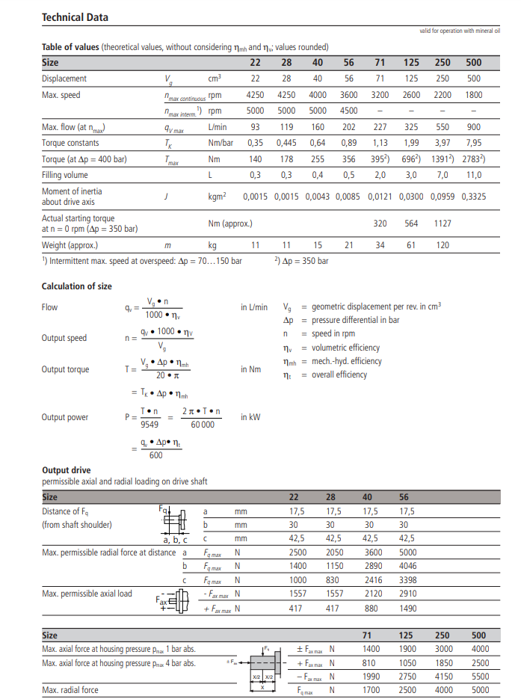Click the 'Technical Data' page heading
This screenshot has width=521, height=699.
pyautogui.click(x=75, y=17)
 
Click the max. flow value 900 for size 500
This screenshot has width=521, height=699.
pyautogui.click(x=474, y=127)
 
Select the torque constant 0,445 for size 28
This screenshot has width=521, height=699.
pyautogui.click(x=286, y=143)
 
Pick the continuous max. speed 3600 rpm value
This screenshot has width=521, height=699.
pyautogui.click(x=349, y=95)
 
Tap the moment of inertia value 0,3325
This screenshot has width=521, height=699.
pyautogui.click(x=474, y=196)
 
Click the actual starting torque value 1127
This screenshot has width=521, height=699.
pyautogui.click(x=443, y=223)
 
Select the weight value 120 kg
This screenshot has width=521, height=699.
pyautogui.click(x=443, y=244)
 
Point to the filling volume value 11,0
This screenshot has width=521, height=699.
pyautogui.click(x=474, y=175)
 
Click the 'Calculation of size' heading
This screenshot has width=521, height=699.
pyautogui.click(x=76, y=286)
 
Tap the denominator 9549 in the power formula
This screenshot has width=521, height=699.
pyautogui.click(x=149, y=423)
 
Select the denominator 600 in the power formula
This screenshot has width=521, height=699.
pyautogui.click(x=155, y=455)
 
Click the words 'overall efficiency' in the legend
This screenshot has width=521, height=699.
pyautogui.click(x=339, y=375)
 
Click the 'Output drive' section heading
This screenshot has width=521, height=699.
pyautogui.click(x=67, y=471)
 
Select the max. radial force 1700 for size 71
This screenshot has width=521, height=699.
pyautogui.click(x=372, y=689)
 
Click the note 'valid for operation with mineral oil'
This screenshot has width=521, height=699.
pyautogui.click(x=460, y=31)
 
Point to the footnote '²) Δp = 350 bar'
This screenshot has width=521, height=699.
pyautogui.click(x=301, y=261)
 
